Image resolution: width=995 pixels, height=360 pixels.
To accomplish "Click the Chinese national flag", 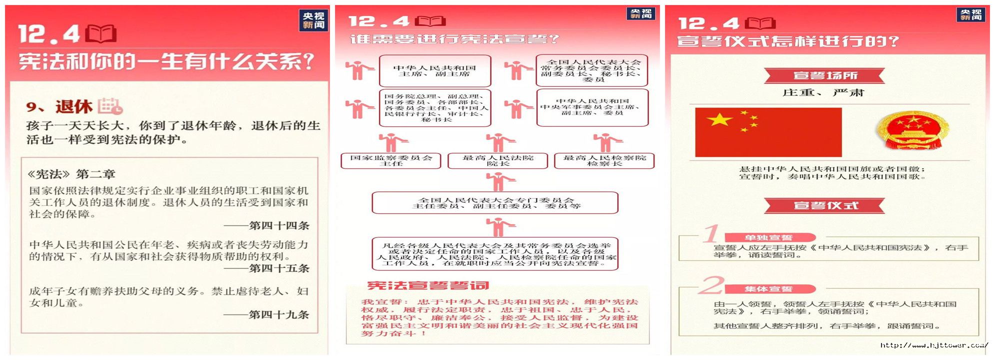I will click(x=768, y=132).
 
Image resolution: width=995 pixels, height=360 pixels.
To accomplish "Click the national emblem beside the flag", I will click(x=913, y=130).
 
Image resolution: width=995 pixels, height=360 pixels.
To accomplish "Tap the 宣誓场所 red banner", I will click(x=824, y=76).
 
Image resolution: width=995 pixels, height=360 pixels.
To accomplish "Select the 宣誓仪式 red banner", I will click(x=824, y=205).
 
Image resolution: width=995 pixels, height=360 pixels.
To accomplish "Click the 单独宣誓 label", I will click(x=768, y=237).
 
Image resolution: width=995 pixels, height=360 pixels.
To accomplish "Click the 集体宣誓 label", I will click(x=768, y=289).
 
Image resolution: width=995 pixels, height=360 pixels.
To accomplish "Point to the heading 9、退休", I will click(x=59, y=106).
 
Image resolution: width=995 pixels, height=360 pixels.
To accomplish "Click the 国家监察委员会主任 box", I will click(x=391, y=160).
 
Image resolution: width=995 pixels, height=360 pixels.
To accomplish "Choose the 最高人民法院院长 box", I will click(x=498, y=160).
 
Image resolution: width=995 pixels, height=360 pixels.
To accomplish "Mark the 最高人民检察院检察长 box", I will click(x=604, y=160).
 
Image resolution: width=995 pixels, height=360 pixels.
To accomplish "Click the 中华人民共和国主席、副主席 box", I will click(x=434, y=71).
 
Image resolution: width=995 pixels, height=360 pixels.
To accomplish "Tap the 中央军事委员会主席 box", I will click(x=592, y=107).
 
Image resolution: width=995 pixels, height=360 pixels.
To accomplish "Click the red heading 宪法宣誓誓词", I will click(x=428, y=285).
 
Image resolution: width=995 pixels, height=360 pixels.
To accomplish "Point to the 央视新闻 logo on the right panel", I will click(x=971, y=14).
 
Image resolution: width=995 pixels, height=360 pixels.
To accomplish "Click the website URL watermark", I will click(x=933, y=345).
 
